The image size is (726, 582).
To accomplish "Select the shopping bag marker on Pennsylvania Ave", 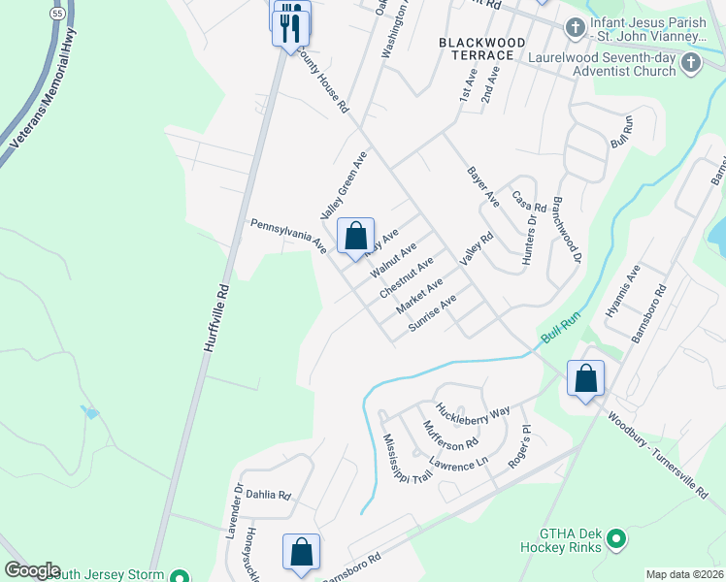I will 356,237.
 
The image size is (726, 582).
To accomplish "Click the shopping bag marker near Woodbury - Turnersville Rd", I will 586,379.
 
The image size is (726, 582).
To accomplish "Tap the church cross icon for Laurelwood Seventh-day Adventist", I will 691,63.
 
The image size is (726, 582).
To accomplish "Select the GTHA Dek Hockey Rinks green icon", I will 615,538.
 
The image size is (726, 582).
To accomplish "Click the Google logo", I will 32,570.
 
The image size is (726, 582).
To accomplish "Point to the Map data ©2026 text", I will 684,574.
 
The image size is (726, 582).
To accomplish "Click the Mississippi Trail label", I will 407,459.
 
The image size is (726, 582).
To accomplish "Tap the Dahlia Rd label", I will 267,495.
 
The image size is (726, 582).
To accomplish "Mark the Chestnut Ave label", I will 407,278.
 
